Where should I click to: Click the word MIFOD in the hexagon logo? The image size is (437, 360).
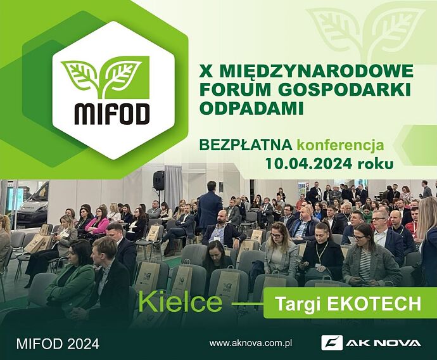coord(111,114)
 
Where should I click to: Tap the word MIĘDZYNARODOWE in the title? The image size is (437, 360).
coord(316,72)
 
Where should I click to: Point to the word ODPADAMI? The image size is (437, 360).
coord(251,108)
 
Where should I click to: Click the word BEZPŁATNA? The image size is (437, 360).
coord(246,145)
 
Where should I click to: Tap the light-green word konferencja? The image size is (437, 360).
coord(340,146)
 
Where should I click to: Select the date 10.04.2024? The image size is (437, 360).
coord(308,164)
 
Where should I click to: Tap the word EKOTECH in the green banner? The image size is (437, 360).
coord(374,304)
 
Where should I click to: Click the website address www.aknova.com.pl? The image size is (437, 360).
coord(251,343)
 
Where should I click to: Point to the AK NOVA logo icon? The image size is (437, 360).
coord(332,343)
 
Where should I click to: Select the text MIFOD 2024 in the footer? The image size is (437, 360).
coord(58,344)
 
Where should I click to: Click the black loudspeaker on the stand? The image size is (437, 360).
coord(159,181)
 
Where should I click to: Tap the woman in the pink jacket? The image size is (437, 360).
coord(97,221)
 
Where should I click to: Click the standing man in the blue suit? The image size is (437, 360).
coord(210,207)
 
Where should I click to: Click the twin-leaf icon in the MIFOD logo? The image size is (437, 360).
coord(105,77)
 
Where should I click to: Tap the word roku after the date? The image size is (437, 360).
coord(376,164)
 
